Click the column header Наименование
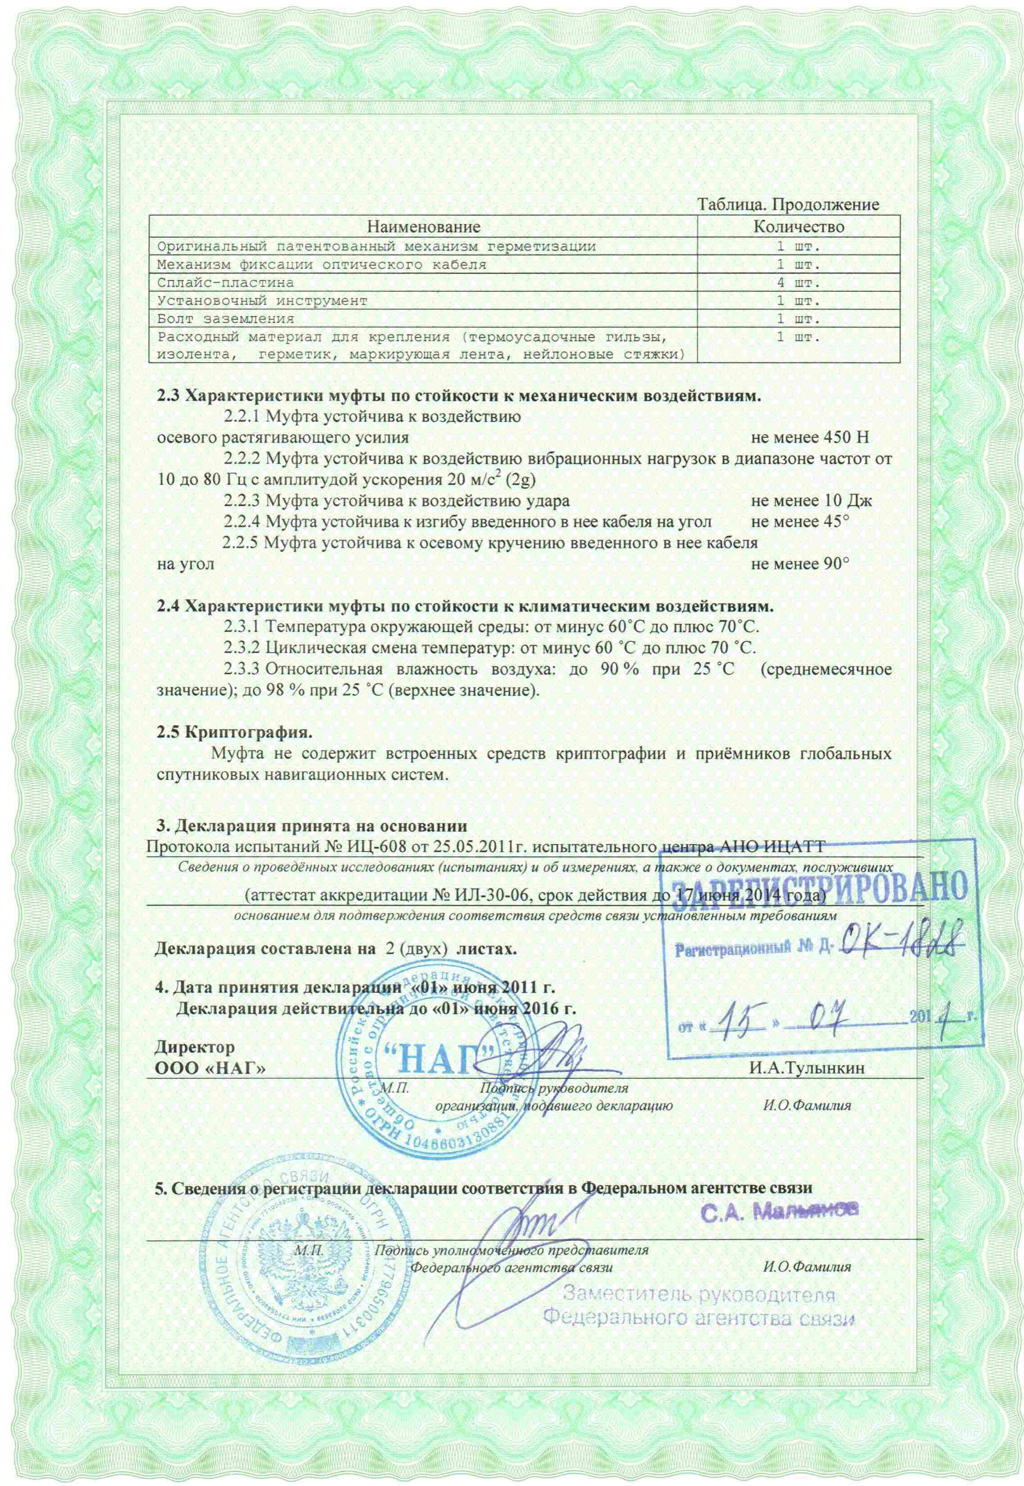pyautogui.click(x=424, y=226)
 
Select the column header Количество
pyautogui.click(x=798, y=226)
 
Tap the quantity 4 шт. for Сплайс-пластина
pyautogui.click(x=798, y=282)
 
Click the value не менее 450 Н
pyautogui.click(x=810, y=438)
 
